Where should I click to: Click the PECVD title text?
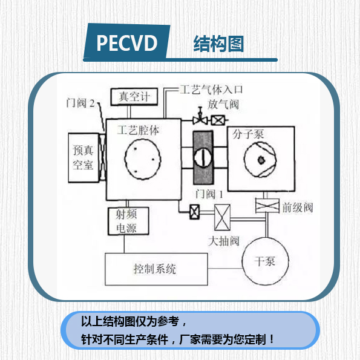point(126,44)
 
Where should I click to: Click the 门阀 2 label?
point(81,103)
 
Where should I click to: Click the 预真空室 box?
point(83,157)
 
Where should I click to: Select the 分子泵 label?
point(247,134)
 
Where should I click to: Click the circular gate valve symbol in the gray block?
point(204,159)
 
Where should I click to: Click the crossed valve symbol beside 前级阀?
point(264,206)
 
